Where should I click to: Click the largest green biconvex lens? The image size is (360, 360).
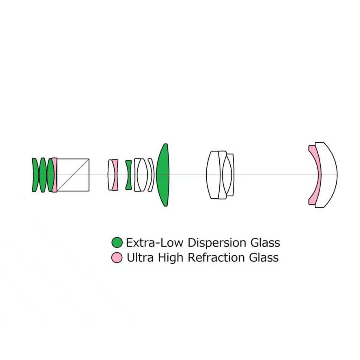[163, 175]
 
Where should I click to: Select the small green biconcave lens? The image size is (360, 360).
[128, 175]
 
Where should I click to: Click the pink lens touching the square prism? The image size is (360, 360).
[55, 175]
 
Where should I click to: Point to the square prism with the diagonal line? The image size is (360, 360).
[73, 175]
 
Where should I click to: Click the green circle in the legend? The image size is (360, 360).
[117, 242]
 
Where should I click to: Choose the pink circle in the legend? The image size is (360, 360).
[117, 257]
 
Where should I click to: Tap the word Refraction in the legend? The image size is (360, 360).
[216, 257]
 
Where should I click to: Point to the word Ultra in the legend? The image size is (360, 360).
[140, 257]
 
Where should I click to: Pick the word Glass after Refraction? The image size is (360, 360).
[264, 257]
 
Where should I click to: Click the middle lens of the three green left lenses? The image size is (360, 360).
[43, 175]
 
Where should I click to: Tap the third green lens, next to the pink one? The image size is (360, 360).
[50, 175]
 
